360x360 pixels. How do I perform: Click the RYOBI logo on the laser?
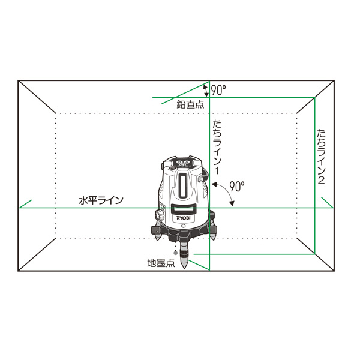[x=184, y=218]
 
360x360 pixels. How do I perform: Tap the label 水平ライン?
[x=101, y=200]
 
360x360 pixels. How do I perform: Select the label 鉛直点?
[x=190, y=104]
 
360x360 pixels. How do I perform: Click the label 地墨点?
[x=161, y=263]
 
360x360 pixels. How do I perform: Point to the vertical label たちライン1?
[x=217, y=147]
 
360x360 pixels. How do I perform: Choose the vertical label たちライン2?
[x=321, y=157]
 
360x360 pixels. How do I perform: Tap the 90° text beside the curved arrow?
[x=237, y=186]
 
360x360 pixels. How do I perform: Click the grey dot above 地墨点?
[x=176, y=253]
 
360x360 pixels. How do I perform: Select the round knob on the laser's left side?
[x=159, y=215]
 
